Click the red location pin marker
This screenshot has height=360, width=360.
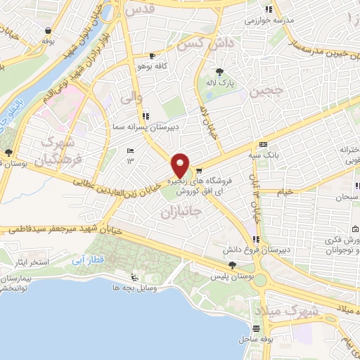click(181, 165)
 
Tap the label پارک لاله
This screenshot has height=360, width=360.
click(219, 82)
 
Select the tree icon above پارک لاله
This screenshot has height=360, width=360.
click(219, 71)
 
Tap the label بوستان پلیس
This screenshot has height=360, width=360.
click(232, 277)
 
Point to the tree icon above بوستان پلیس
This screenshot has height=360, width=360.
click(232, 265)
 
